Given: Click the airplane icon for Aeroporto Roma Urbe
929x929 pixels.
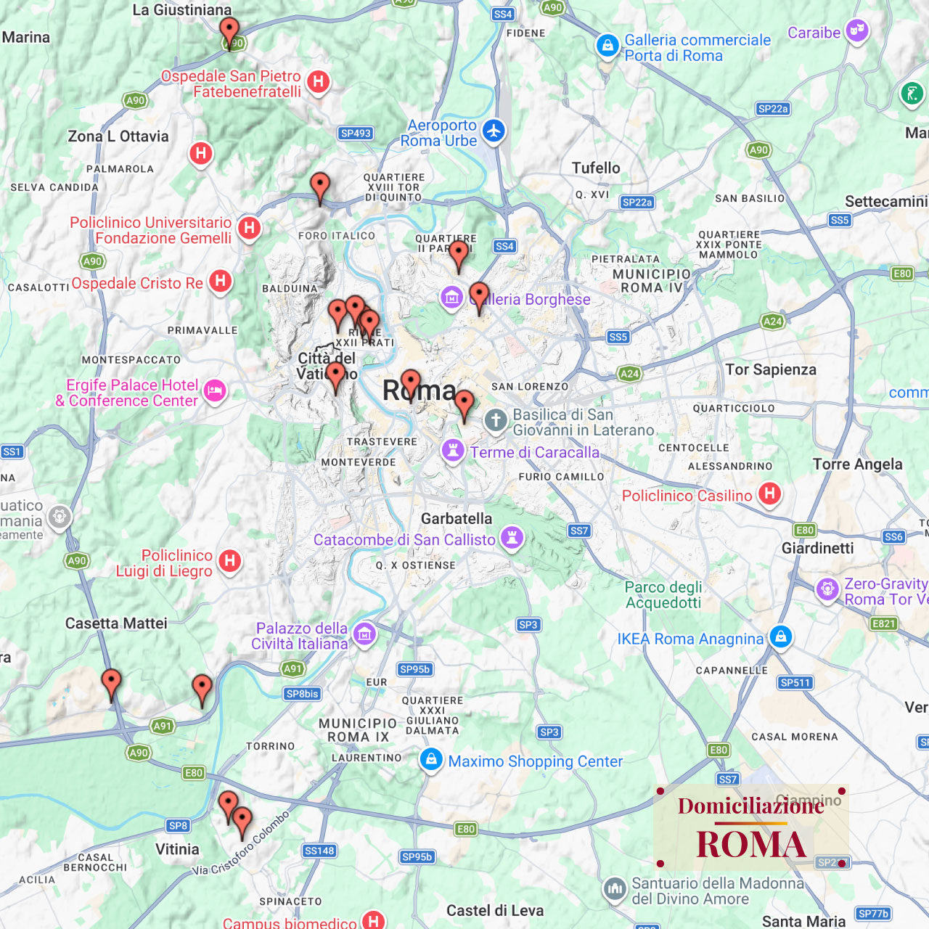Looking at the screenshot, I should tap(494, 131).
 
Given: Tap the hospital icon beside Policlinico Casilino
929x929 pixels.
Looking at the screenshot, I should tap(769, 494).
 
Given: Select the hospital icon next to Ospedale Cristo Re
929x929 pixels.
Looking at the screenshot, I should tap(221, 281).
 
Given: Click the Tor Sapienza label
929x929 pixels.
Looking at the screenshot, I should tap(771, 369).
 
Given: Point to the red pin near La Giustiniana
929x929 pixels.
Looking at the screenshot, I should tap(229, 30).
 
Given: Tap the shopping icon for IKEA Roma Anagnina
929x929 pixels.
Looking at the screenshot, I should tap(781, 637).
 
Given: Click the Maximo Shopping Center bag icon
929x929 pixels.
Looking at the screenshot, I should tap(431, 760).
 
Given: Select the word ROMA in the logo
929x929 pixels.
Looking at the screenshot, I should tap(750, 845).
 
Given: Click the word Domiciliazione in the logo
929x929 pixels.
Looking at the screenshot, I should tap(750, 806).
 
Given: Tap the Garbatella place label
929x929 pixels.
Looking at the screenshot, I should tap(457, 518).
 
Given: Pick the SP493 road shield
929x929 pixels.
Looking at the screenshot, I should tap(356, 133).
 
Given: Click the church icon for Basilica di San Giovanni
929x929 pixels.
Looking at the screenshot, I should tap(496, 420).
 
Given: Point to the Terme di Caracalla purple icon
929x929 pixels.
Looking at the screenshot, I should tap(453, 450).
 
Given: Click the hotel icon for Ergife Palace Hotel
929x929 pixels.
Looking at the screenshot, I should tap(214, 391).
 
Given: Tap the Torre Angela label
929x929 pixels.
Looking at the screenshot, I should tap(857, 464).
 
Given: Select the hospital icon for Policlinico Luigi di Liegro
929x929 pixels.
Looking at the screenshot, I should tap(230, 560).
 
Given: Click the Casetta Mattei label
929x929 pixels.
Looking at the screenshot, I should tap(116, 623).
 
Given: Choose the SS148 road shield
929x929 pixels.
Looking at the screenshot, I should tap(319, 851).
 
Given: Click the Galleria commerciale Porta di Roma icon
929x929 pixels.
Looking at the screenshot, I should tap(607, 46).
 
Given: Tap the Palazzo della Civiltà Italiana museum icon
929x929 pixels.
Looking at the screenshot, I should tap(364, 634).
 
